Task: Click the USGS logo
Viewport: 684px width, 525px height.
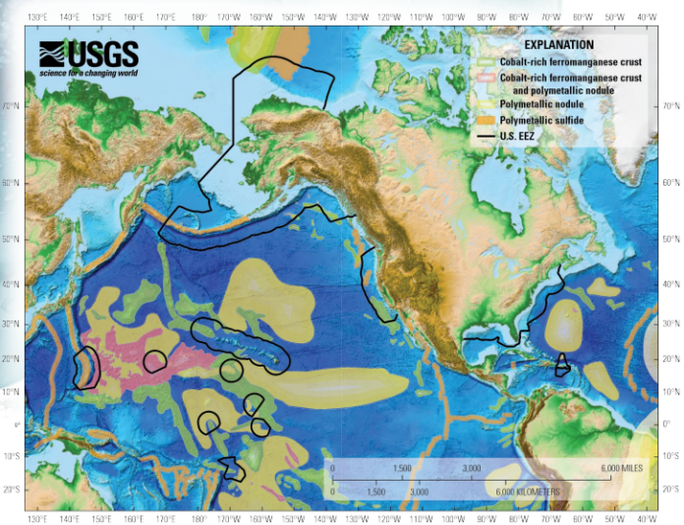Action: (x=88, y=54)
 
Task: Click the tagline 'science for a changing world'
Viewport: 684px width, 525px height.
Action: (x=88, y=74)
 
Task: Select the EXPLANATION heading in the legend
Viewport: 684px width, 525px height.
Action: (x=558, y=45)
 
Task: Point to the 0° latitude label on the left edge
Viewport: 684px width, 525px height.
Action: (x=16, y=425)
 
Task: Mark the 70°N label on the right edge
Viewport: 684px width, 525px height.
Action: (x=671, y=105)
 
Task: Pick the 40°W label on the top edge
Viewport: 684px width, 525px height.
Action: (x=646, y=18)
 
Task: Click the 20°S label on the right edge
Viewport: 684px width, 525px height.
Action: (x=671, y=489)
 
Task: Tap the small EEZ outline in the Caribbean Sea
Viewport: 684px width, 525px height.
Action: (x=561, y=365)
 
